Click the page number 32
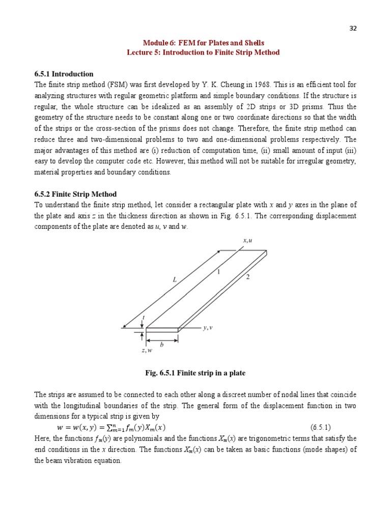click(x=353, y=29)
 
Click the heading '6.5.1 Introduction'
click(x=64, y=74)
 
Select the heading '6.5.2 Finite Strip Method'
click(x=75, y=194)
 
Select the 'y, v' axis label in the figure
click(x=207, y=328)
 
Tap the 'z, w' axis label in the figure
click(x=147, y=350)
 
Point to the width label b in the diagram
click(x=162, y=345)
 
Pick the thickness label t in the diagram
click(x=143, y=317)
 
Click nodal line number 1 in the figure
click(x=218, y=272)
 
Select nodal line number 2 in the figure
click(x=247, y=277)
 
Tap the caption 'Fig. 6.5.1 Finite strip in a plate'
click(x=195, y=373)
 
